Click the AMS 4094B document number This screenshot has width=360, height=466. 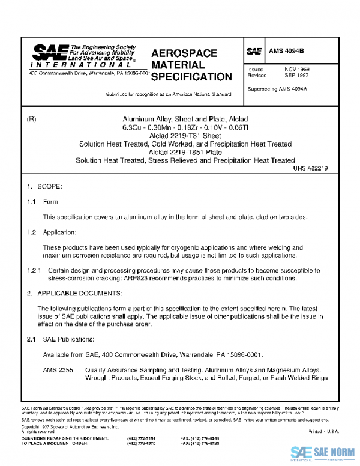[286, 52]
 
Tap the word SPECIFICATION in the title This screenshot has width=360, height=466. [191, 77]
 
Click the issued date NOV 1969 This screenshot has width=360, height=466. [296, 70]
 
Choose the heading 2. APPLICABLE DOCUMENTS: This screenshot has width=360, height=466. [74, 293]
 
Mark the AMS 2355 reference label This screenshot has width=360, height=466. [58, 370]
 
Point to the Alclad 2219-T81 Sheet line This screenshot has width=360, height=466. [185, 136]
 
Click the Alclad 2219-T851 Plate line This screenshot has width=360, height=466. [185, 152]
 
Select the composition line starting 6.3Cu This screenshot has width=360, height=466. [185, 127]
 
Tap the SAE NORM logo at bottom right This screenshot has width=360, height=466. [323, 452]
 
